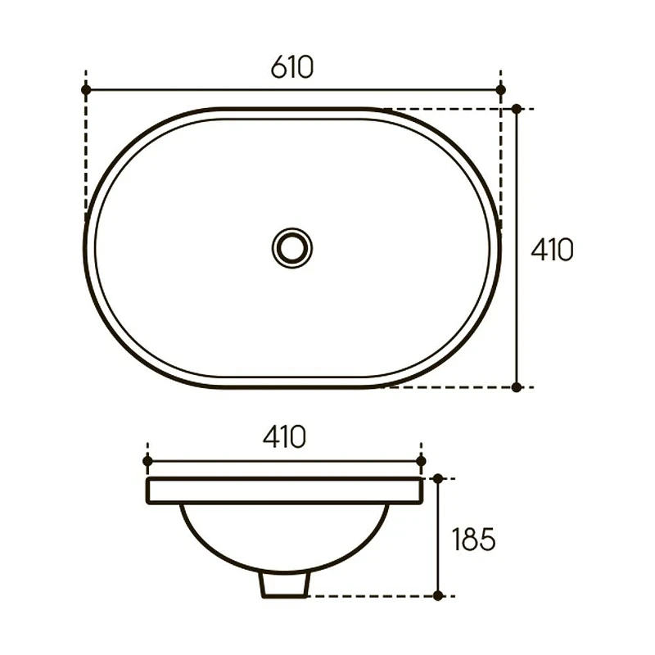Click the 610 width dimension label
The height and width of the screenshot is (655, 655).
click(x=292, y=67)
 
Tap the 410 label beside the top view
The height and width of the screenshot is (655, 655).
click(x=552, y=250)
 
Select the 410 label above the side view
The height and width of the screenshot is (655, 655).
click(x=284, y=437)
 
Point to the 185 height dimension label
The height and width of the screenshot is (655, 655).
click(x=474, y=540)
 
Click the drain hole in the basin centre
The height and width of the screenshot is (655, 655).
click(x=292, y=248)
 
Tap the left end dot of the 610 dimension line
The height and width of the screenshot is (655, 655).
click(x=86, y=90)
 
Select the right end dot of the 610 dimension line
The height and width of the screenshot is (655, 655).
click(x=501, y=90)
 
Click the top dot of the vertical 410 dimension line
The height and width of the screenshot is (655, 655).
click(x=517, y=109)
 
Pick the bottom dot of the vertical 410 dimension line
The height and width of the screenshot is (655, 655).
click(x=517, y=387)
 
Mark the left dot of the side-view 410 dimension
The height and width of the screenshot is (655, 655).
click(x=147, y=461)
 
